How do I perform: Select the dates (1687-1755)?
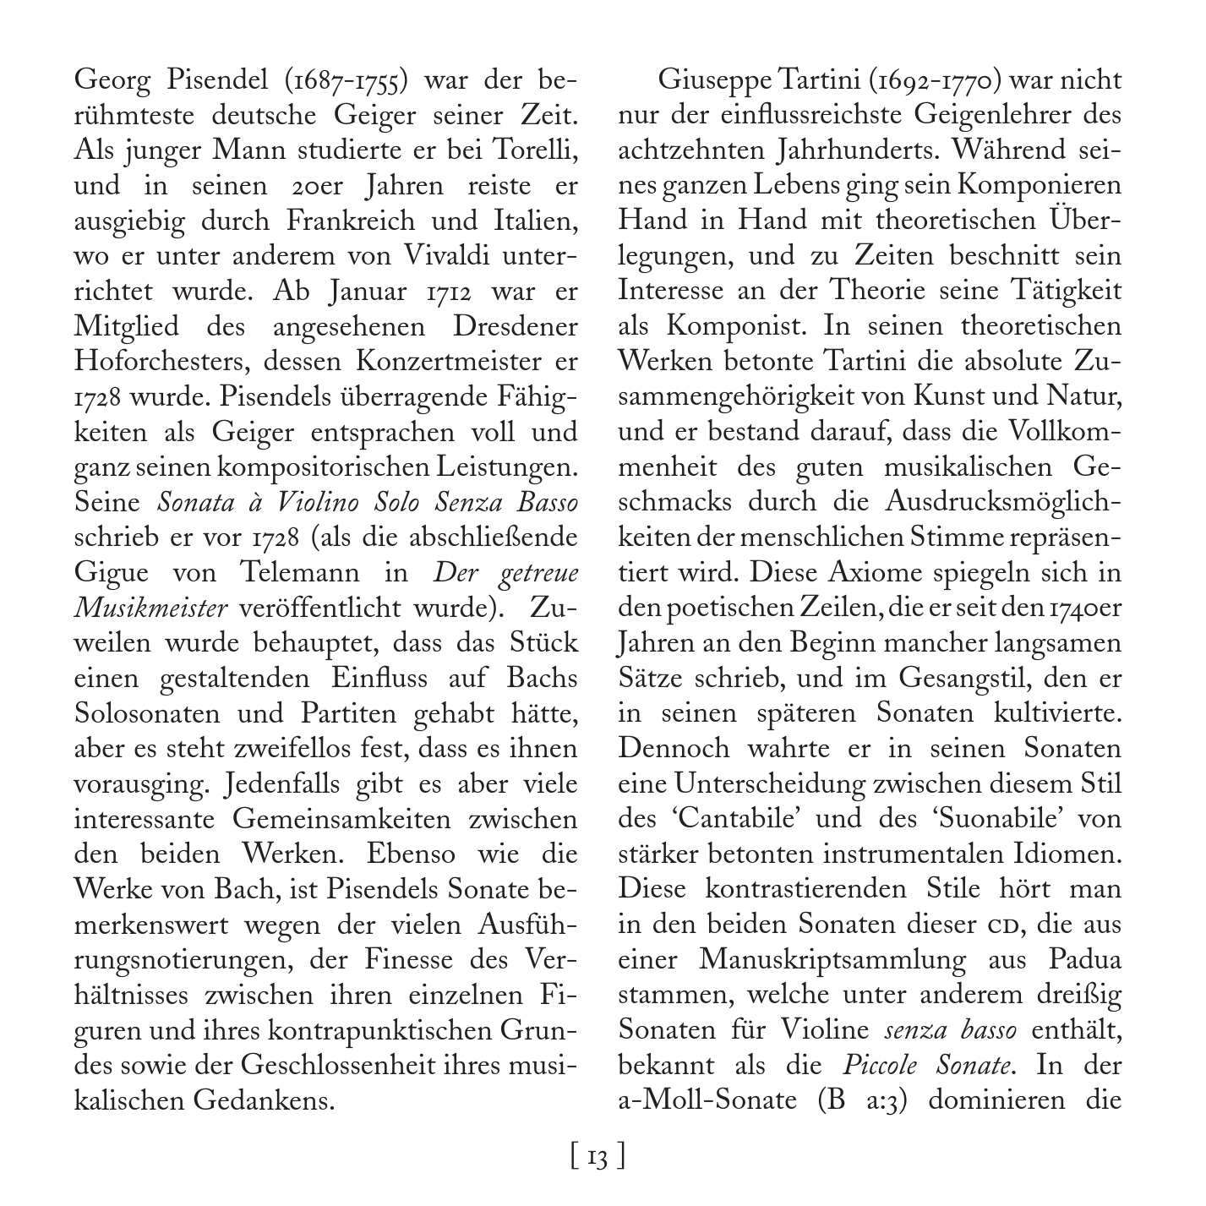(339, 82)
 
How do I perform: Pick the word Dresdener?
(515, 327)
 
